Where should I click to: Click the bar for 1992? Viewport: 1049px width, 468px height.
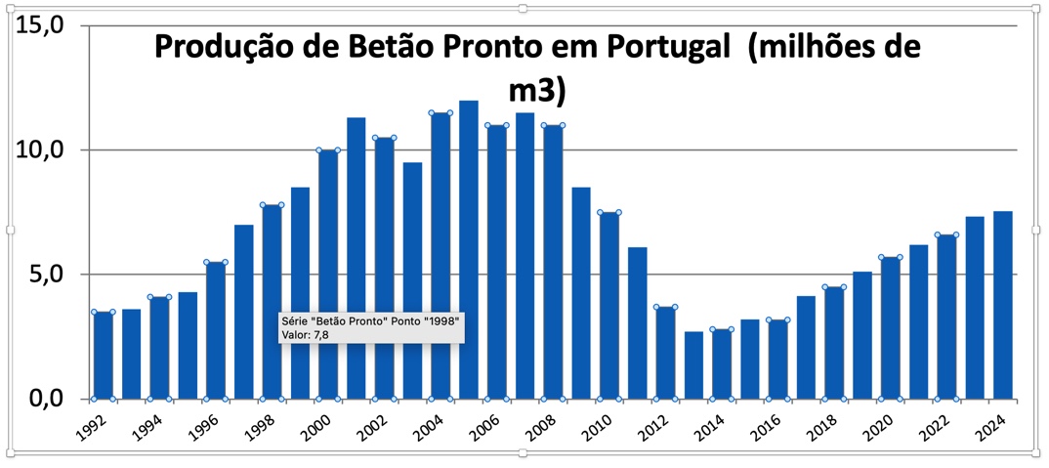[103, 356]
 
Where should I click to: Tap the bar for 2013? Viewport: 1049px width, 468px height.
[693, 365]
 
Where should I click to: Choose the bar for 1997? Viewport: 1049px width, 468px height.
[244, 312]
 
